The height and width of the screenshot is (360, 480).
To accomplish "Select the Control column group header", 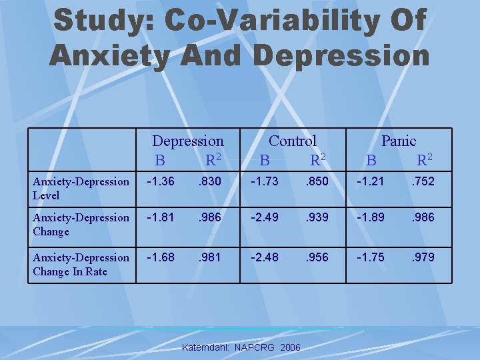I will (293, 141).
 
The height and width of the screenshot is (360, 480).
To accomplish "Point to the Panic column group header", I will (399, 141).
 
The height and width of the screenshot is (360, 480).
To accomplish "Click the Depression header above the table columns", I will (188, 141).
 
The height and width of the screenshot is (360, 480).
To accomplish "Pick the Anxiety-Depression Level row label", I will (81, 188).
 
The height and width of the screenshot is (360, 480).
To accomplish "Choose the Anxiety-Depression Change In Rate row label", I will (81, 265).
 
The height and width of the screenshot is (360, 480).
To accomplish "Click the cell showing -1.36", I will (161, 181).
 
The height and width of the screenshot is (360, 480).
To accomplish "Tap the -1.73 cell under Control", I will (265, 181).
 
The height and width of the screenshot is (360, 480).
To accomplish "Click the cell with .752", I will (421, 181).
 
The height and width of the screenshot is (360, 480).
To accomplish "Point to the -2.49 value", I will (265, 217).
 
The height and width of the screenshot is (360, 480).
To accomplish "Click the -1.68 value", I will (161, 257).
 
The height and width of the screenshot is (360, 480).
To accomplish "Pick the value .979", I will (421, 257).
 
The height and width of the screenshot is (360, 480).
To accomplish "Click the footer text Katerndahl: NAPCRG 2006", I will (241, 348).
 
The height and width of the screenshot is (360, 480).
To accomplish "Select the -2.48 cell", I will (265, 257).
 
